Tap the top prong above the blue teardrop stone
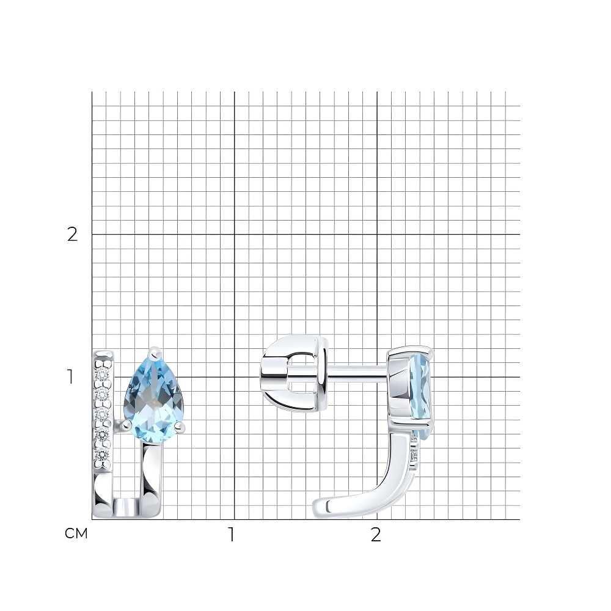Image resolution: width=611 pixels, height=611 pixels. (x=156, y=353)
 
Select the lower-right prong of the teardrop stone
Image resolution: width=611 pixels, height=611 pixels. (x=180, y=428)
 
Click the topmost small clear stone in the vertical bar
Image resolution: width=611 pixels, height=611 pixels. (x=103, y=375)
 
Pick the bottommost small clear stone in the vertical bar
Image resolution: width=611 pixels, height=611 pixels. (x=103, y=455)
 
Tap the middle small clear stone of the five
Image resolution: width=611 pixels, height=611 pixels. (x=103, y=414)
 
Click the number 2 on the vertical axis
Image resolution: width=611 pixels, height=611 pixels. (x=73, y=235)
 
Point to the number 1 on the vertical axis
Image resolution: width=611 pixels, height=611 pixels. (x=70, y=377)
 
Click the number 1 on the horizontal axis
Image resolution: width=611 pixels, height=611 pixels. (x=232, y=535)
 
